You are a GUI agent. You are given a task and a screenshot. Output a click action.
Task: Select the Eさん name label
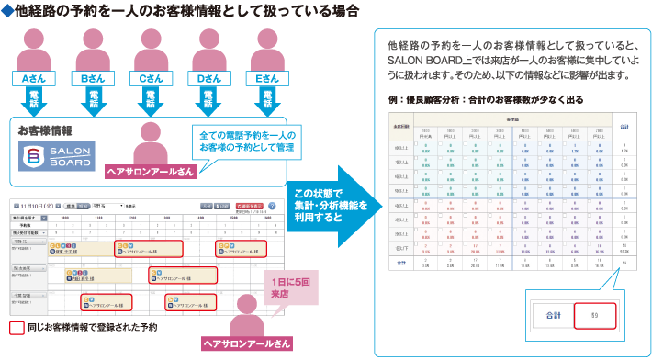coord(268,80)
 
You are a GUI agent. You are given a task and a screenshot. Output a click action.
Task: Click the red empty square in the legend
coord(16,326)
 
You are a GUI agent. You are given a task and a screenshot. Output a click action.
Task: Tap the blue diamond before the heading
coord(7,12)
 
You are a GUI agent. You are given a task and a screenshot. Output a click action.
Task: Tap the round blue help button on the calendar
coord(271,206)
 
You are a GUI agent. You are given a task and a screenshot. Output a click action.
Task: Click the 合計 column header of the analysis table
coord(624,125)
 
